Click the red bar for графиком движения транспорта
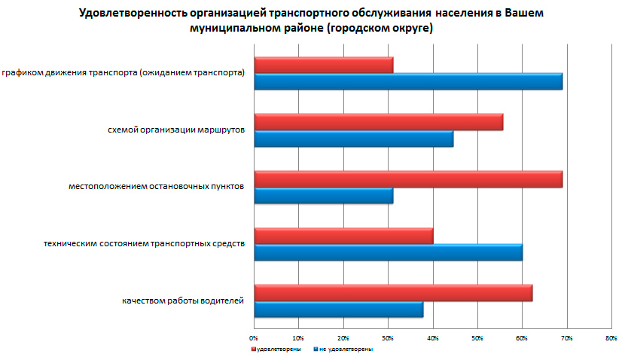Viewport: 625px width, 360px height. pyautogui.click(x=324, y=65)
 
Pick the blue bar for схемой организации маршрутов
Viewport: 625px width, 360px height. pyautogui.click(x=354, y=139)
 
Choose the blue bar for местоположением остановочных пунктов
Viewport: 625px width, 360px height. pyautogui.click(x=324, y=196)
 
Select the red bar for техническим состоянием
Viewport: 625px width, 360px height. pyautogui.click(x=343, y=236)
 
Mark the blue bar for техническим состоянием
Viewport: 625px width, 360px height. pyautogui.click(x=389, y=252)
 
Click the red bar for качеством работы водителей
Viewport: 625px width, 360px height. pyautogui.click(x=393, y=293)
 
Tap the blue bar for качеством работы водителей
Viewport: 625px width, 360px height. pyautogui.click(x=339, y=310)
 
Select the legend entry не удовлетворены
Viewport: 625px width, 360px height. pyautogui.click(x=344, y=349)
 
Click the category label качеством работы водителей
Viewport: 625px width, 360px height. pyautogui.click(x=183, y=301)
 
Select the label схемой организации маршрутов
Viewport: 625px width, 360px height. pyautogui.click(x=176, y=130)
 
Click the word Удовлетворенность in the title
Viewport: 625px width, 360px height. pyautogui.click(x=135, y=14)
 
